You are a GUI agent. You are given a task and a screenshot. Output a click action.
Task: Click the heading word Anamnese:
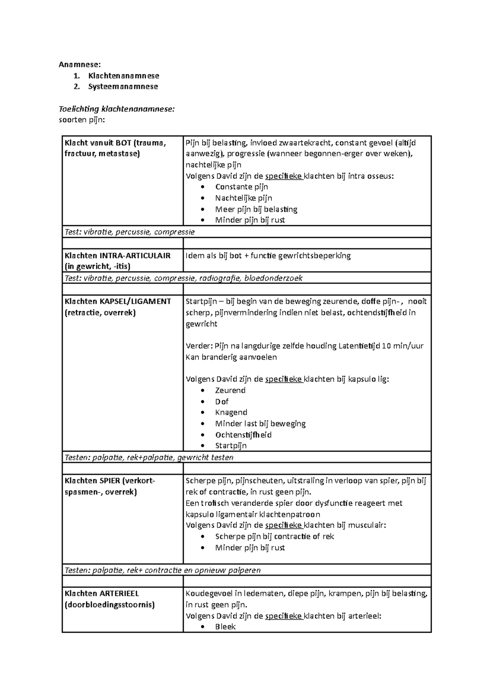click(79, 64)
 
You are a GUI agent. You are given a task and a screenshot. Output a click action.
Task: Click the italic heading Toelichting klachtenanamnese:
click(117, 109)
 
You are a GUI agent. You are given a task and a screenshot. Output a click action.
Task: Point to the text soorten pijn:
click(82, 120)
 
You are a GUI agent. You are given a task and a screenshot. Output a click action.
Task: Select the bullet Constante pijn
click(241, 187)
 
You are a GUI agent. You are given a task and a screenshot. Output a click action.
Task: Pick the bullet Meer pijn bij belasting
click(256, 209)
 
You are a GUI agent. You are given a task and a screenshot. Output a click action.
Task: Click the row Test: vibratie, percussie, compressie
click(130, 232)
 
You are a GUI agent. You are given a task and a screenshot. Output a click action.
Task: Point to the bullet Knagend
click(231, 412)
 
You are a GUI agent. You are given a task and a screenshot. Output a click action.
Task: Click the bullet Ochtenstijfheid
click(243, 435)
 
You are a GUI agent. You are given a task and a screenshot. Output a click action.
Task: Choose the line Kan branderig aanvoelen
click(231, 357)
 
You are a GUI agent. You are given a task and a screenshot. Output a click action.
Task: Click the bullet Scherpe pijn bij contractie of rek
click(274, 536)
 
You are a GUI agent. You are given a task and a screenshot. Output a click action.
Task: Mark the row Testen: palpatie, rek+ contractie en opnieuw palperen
click(163, 570)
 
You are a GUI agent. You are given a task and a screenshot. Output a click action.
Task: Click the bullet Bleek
click(225, 627)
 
